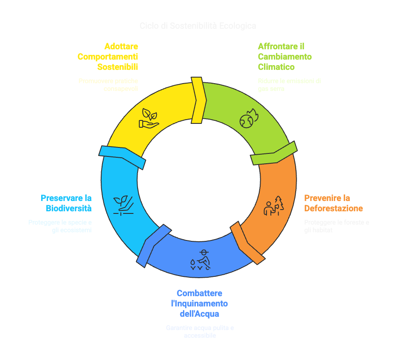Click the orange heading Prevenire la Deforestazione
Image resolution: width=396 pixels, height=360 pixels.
333,203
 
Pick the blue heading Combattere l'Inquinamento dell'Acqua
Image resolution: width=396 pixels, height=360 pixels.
199,303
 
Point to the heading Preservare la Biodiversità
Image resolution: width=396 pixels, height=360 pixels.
66,203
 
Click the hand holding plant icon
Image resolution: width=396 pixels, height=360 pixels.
148,118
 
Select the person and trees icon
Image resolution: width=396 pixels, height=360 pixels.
273,206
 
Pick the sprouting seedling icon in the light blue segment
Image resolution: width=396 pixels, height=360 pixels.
123,204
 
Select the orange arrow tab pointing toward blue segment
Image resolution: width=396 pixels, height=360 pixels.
247,243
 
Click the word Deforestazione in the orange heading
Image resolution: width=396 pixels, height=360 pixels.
333,209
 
